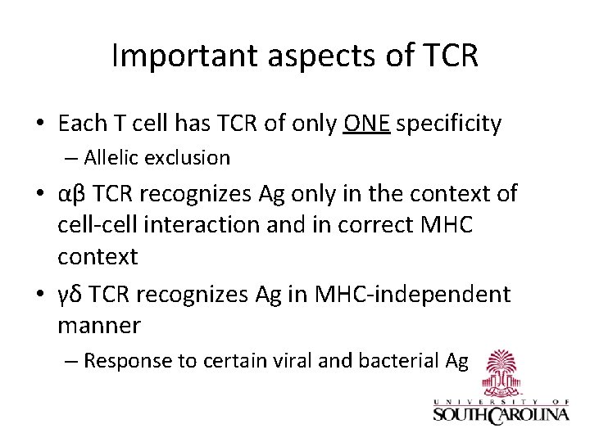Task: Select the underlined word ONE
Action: (x=367, y=124)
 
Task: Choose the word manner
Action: (x=99, y=326)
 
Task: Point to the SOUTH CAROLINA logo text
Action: (x=501, y=414)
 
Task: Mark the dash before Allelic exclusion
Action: (x=72, y=157)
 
